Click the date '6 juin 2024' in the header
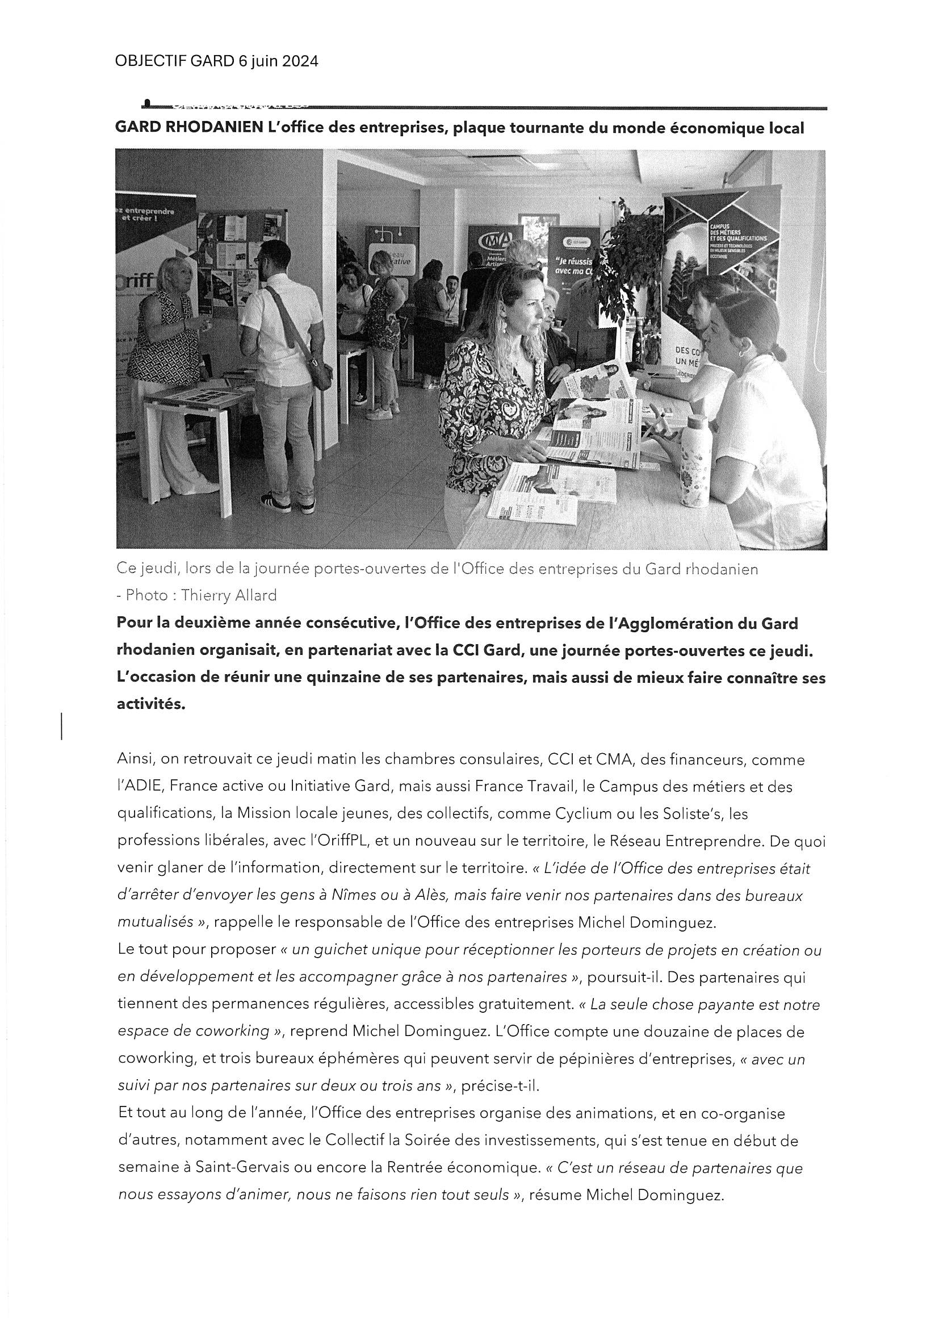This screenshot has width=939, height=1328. click(x=278, y=61)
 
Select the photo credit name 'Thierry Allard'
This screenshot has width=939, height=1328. click(x=229, y=595)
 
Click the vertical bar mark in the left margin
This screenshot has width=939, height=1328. click(x=62, y=726)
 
